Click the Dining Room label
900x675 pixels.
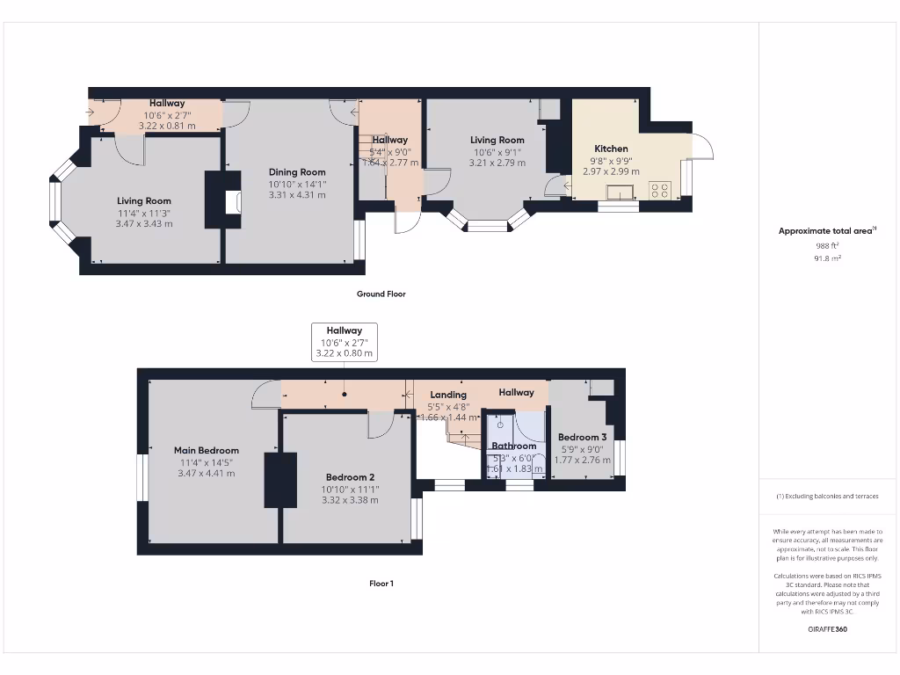pos(297,172)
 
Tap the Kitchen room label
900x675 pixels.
pos(611,149)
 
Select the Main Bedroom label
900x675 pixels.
pos(207,451)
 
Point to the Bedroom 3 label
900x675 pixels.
pos(582,437)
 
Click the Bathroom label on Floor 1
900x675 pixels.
pos(513,446)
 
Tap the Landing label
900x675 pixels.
pos(448,395)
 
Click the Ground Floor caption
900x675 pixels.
pos(381,294)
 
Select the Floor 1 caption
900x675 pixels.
pos(381,584)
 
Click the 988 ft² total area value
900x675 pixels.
pos(828,246)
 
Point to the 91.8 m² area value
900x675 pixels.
pos(828,258)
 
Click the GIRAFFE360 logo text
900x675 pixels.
pos(828,629)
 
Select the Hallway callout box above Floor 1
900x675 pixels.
pos(345,342)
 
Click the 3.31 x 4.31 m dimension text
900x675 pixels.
pos(297,195)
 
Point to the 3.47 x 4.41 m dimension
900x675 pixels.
pos(207,473)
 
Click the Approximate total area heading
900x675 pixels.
pos(826,231)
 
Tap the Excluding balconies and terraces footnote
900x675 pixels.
pos(827,497)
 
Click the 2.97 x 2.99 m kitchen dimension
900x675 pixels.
pos(611,171)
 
